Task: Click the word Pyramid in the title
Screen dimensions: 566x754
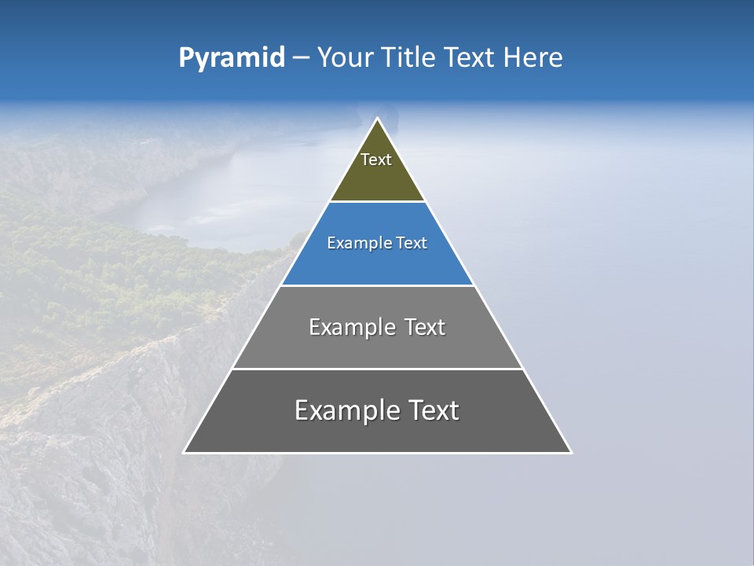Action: (x=231, y=58)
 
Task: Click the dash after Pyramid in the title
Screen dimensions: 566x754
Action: (x=300, y=58)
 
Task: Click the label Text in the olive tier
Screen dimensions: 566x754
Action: (x=376, y=160)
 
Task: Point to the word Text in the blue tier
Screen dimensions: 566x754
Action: (x=412, y=244)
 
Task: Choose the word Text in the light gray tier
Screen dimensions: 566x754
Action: (x=423, y=327)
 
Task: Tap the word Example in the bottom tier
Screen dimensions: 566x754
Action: (x=345, y=410)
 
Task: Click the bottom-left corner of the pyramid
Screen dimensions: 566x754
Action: (x=184, y=452)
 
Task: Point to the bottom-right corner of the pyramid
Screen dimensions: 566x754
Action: (x=571, y=452)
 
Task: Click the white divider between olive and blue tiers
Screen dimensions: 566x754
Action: (x=377, y=202)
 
